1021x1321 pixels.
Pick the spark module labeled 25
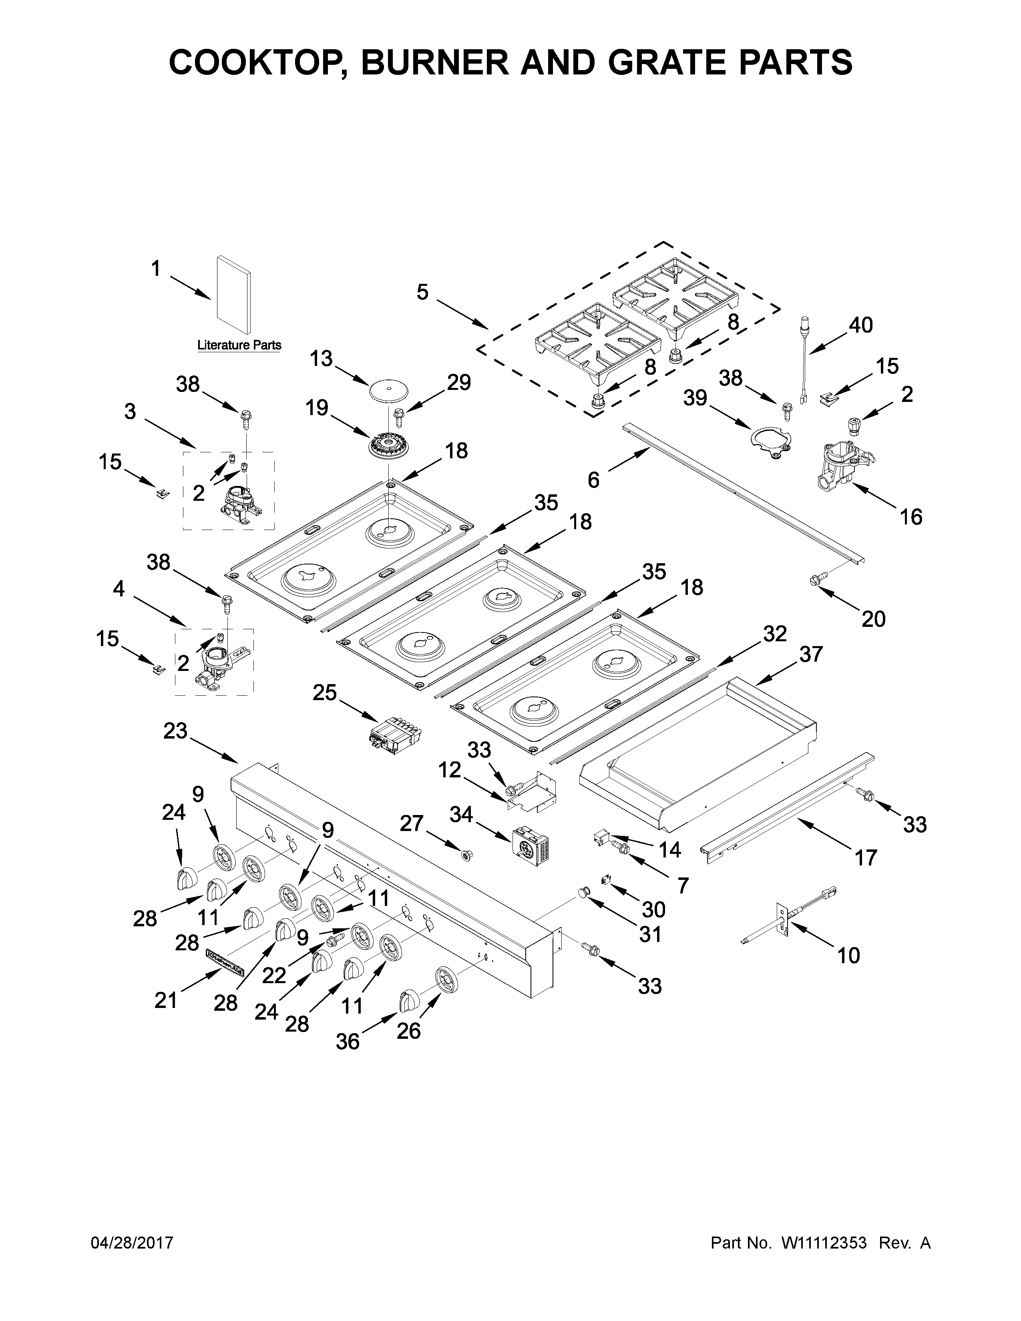tap(394, 735)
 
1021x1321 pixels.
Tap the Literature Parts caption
tap(239, 345)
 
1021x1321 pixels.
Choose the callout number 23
tap(175, 731)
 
